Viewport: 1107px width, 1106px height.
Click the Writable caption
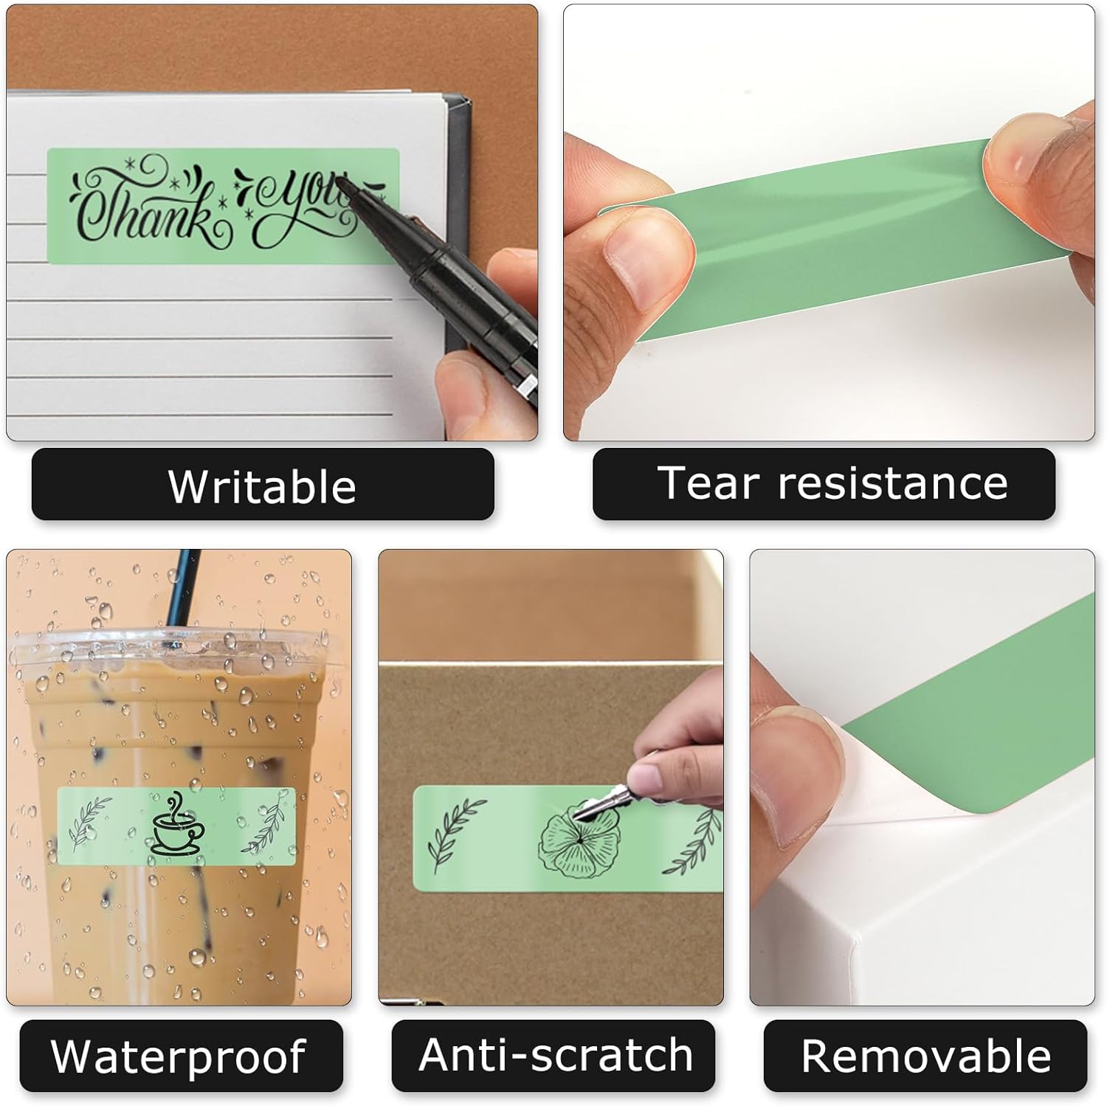(262, 485)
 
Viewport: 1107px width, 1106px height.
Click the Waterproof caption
(179, 1056)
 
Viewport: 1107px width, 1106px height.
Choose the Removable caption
(925, 1056)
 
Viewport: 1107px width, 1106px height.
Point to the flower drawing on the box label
(579, 841)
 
